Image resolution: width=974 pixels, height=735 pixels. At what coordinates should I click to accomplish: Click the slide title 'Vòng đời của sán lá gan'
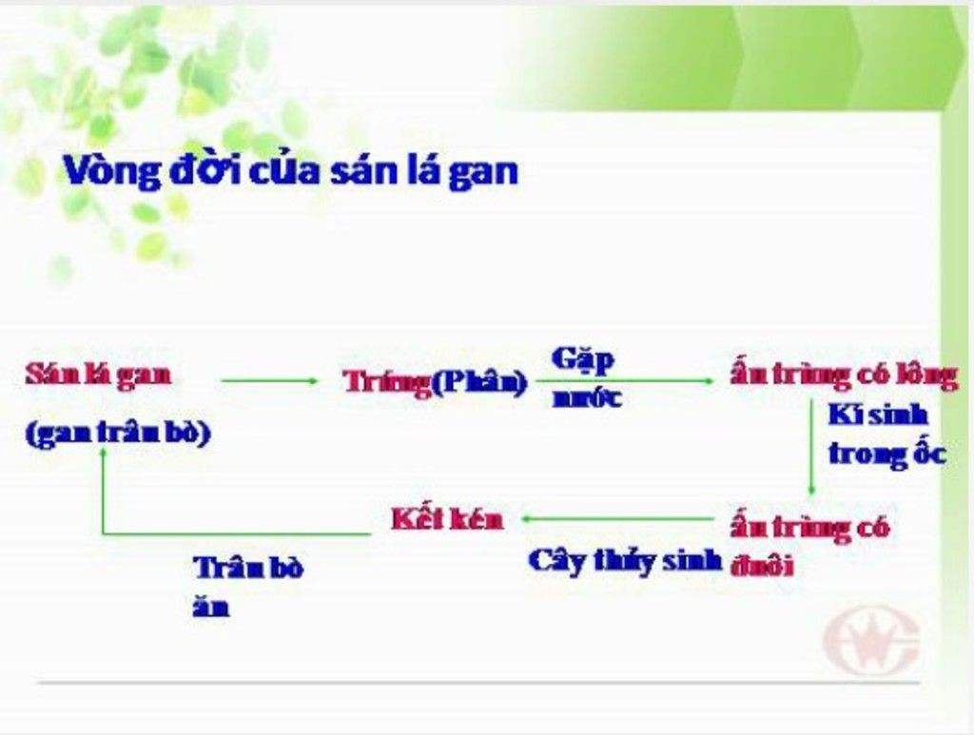pyautogui.click(x=291, y=171)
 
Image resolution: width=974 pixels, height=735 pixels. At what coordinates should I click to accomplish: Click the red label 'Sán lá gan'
pyautogui.click(x=98, y=376)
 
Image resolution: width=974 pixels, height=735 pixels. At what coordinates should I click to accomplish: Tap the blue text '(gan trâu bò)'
pyautogui.click(x=118, y=433)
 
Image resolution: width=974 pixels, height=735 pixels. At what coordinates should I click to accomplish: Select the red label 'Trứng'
pyautogui.click(x=386, y=382)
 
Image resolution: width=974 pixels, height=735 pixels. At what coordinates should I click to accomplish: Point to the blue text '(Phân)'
pyautogui.click(x=479, y=382)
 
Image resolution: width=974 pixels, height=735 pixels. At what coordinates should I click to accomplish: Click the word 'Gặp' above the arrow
pyautogui.click(x=583, y=360)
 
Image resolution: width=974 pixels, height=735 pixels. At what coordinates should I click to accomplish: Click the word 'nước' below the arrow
pyautogui.click(x=587, y=397)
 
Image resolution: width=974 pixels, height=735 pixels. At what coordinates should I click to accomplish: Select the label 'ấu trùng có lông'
pyautogui.click(x=844, y=376)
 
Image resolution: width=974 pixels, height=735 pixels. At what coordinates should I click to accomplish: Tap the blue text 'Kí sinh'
pyautogui.click(x=878, y=415)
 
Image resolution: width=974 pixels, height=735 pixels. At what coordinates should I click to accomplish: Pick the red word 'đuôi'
pyautogui.click(x=762, y=566)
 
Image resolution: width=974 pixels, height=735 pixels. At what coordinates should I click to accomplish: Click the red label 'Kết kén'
pyautogui.click(x=447, y=519)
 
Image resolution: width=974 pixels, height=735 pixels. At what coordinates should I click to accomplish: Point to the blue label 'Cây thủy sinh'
pyautogui.click(x=626, y=561)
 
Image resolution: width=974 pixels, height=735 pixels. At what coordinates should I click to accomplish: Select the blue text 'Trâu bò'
pyautogui.click(x=248, y=568)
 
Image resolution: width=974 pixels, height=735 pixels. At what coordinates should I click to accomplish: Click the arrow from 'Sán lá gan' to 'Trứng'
pyautogui.click(x=269, y=380)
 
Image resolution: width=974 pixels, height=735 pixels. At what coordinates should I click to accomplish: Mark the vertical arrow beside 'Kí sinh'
pyautogui.click(x=811, y=448)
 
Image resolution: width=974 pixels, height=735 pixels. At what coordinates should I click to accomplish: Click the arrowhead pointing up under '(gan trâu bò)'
pyautogui.click(x=104, y=452)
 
